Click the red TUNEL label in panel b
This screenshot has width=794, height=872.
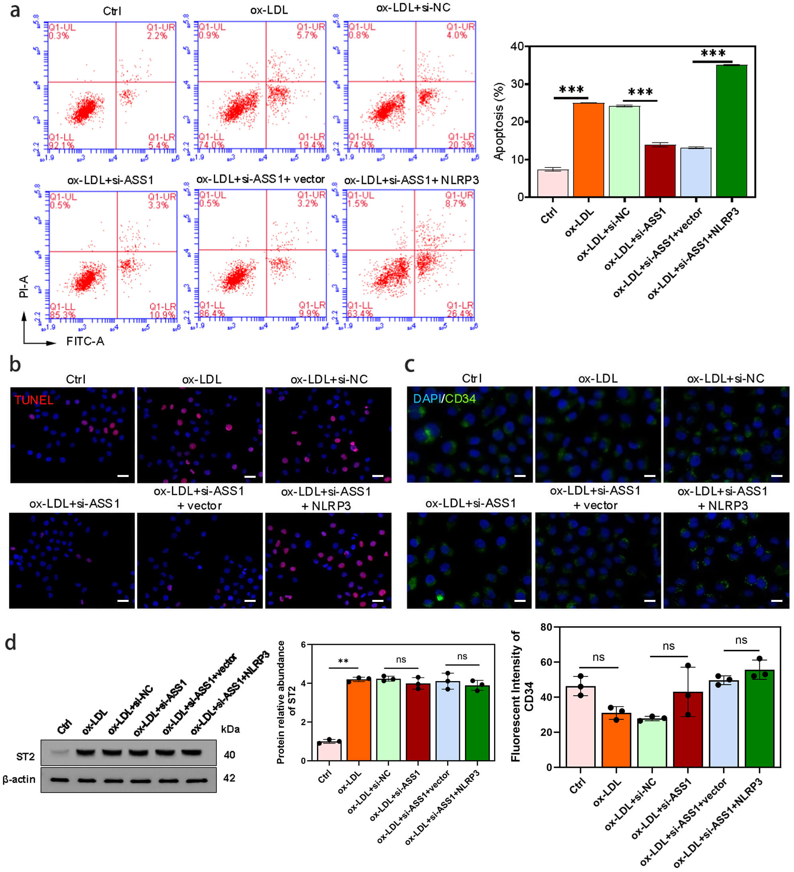tap(34, 400)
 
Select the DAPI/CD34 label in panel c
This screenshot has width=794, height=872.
tap(444, 399)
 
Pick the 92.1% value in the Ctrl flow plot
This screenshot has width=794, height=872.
tap(61, 145)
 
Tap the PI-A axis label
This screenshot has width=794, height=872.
tap(24, 286)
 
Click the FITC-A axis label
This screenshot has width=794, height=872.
tap(85, 342)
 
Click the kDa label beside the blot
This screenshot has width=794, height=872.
tap(230, 729)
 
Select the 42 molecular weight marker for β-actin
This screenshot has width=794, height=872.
tap(229, 778)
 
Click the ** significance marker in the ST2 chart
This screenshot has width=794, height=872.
tap(343, 661)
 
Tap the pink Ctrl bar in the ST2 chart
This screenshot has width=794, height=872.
tap(329, 751)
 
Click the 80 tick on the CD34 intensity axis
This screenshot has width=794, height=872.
tap(546, 627)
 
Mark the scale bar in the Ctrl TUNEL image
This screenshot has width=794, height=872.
tap(123, 476)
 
